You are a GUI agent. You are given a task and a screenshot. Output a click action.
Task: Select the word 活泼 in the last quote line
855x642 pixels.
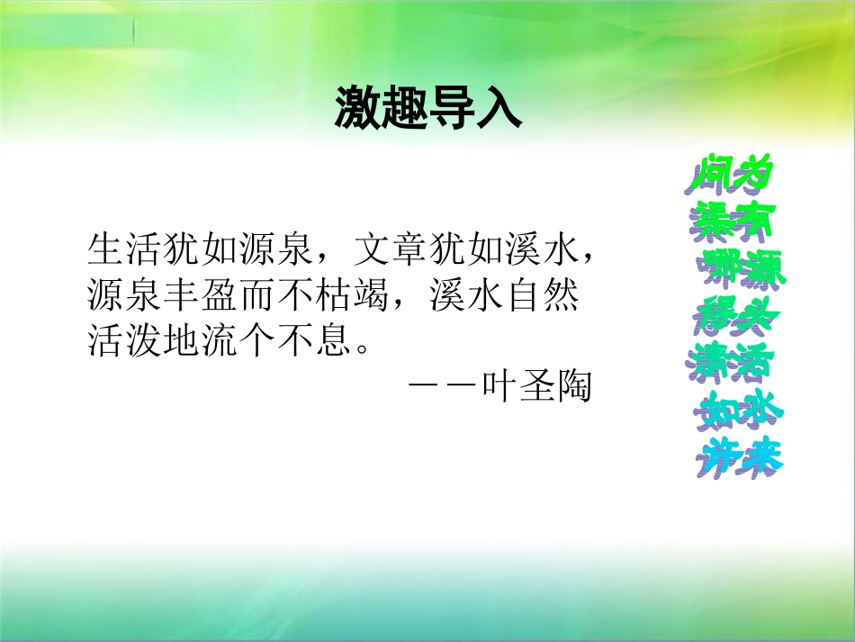(125, 343)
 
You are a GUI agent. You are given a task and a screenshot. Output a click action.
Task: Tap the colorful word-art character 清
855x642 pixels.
(711, 360)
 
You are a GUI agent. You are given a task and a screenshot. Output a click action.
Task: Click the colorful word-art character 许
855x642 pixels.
(716, 457)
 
